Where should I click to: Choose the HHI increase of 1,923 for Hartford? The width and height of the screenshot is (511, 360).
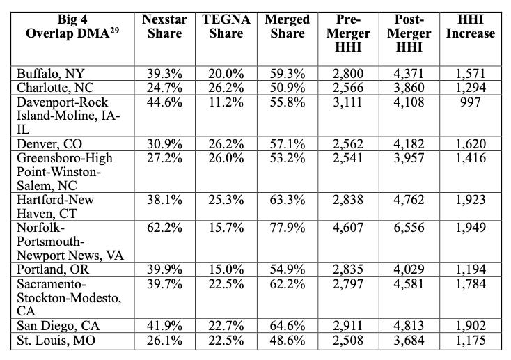(x=471, y=199)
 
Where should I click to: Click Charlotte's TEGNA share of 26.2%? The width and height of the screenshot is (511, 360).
(x=226, y=87)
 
